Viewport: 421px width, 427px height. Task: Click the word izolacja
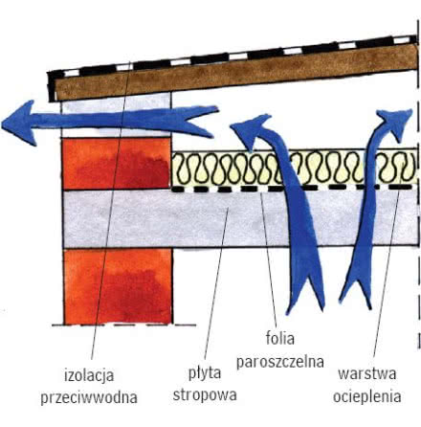pos(89,375)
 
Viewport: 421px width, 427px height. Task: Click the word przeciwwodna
pos(89,397)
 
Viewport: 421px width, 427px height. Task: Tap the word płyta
pos(205,373)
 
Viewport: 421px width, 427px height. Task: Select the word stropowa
pos(205,394)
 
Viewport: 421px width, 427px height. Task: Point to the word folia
pos(280,338)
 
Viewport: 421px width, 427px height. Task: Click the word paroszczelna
pos(280,362)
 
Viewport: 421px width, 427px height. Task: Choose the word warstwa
pos(367,373)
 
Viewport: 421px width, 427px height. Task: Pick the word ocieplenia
pos(367,396)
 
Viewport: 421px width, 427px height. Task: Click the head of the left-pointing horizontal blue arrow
pos(19,123)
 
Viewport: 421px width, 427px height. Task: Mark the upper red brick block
pos(117,164)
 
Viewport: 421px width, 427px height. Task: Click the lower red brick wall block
pos(118,286)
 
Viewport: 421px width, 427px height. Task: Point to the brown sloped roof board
pos(236,73)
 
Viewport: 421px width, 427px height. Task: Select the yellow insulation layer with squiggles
pos(294,168)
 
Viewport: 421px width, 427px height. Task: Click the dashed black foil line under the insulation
pos(294,189)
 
